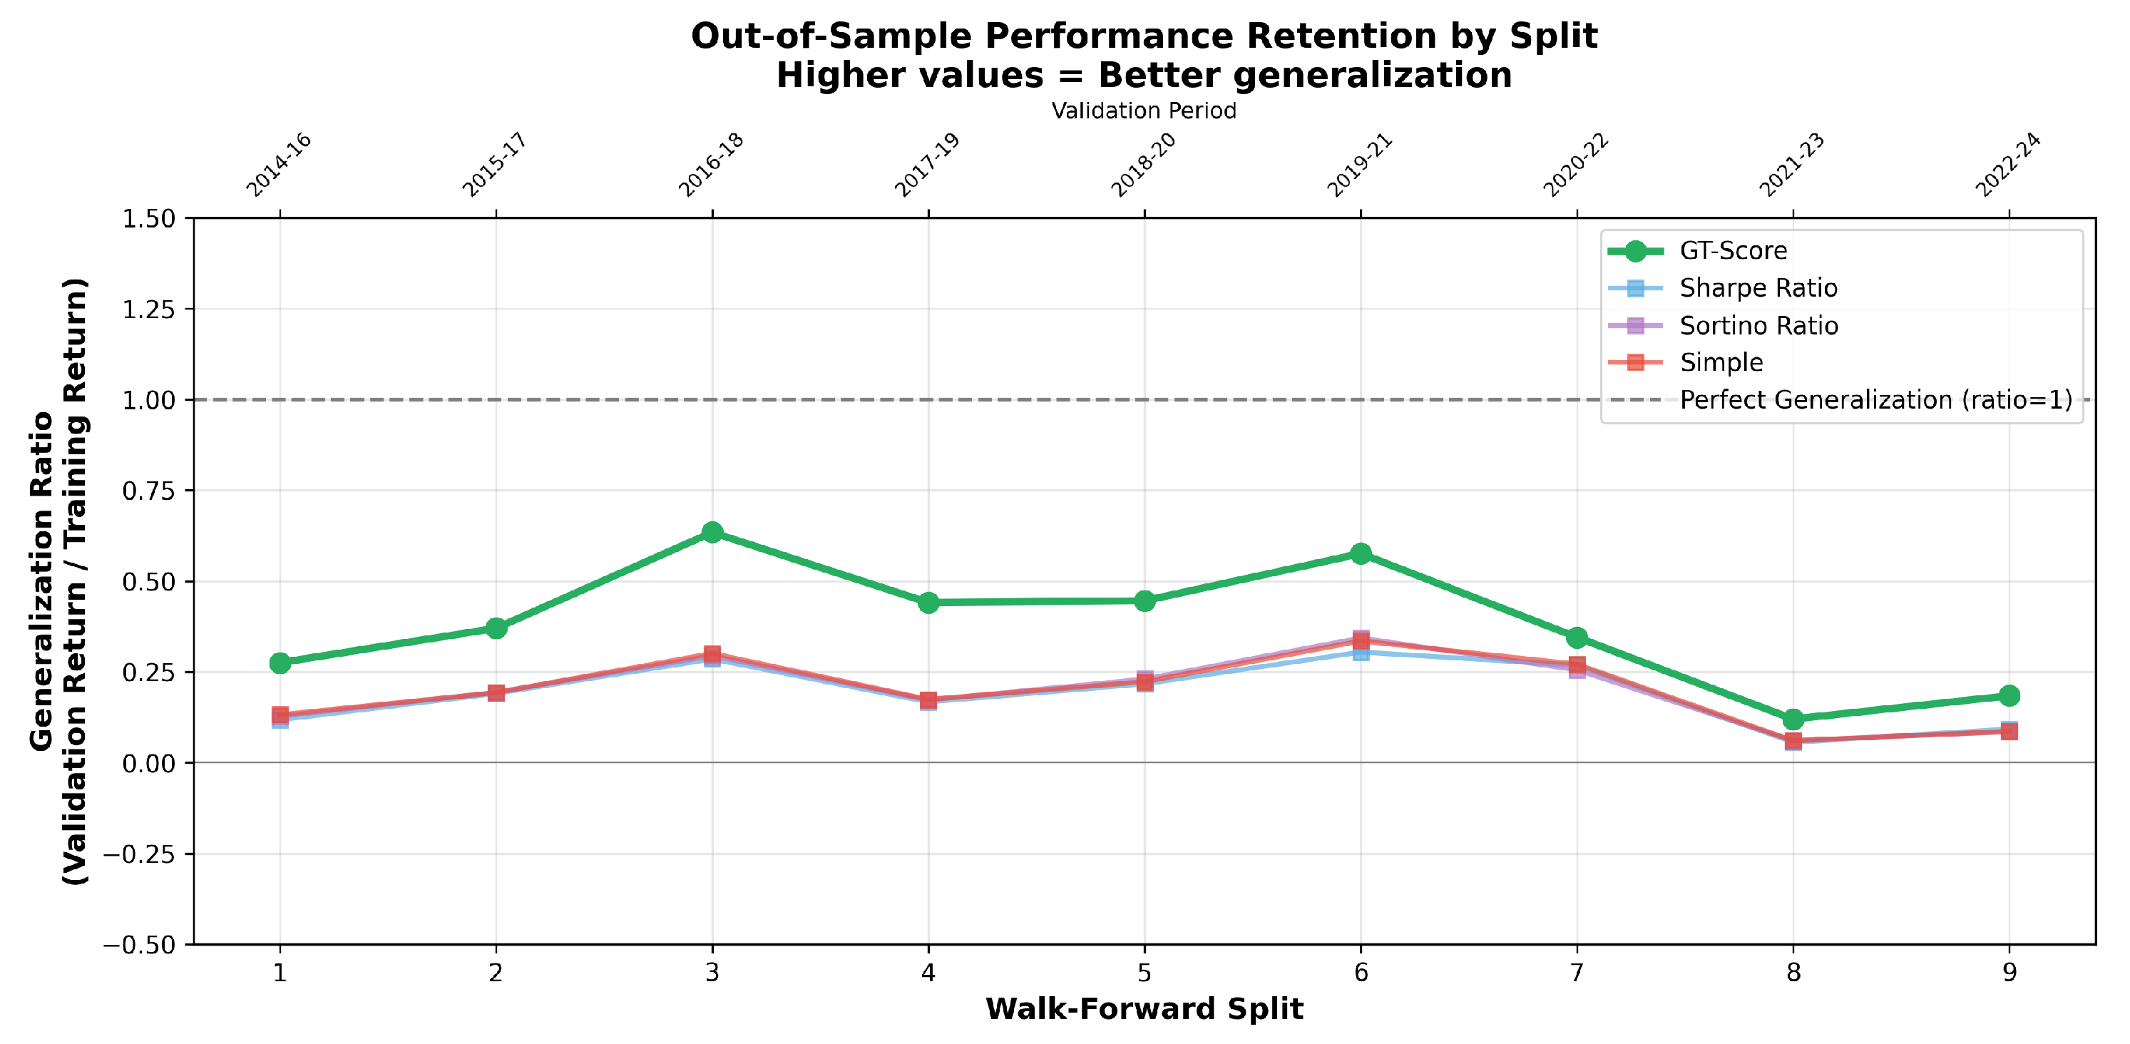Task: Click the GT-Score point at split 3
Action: [x=712, y=532]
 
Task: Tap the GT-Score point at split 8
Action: [x=1793, y=719]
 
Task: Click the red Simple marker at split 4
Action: [x=928, y=700]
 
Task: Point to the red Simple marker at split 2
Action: [x=496, y=692]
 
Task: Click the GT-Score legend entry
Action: [x=1733, y=250]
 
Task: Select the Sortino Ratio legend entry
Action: [x=1758, y=326]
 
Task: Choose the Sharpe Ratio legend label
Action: [x=1758, y=287]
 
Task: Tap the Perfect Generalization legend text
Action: [x=1875, y=400]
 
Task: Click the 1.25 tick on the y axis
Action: [x=149, y=309]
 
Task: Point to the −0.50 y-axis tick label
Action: [x=139, y=945]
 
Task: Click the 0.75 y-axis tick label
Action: [x=149, y=491]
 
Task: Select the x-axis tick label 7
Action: [x=1577, y=973]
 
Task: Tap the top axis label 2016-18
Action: [x=711, y=165]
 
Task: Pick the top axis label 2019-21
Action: [x=1360, y=165]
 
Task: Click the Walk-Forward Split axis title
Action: [x=1145, y=1009]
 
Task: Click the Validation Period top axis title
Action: [x=1144, y=111]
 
